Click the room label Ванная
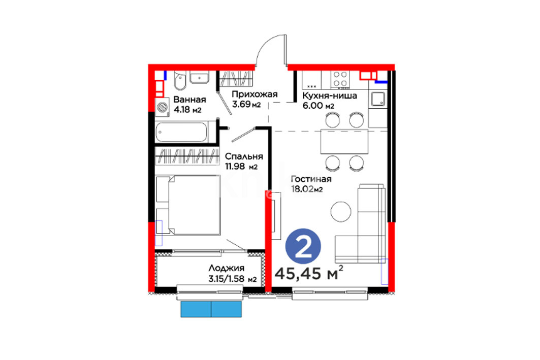pyautogui.click(x=189, y=100)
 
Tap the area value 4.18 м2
pyautogui.click(x=187, y=110)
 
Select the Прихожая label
pyautogui.click(x=254, y=94)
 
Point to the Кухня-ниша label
pyautogui.click(x=329, y=95)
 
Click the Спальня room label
pyautogui.click(x=244, y=156)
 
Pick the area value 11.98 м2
pyautogui.click(x=241, y=167)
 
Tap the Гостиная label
pyautogui.click(x=311, y=179)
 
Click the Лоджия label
pyautogui.click(x=226, y=268)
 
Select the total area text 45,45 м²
pyautogui.click(x=309, y=273)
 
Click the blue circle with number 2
pyautogui.click(x=303, y=246)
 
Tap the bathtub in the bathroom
pyautogui.click(x=181, y=132)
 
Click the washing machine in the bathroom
pyautogui.click(x=162, y=107)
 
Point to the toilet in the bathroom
pyautogui.click(x=179, y=81)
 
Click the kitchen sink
pyautogui.click(x=378, y=99)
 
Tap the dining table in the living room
pyautogui.click(x=344, y=142)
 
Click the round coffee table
pyautogui.click(x=341, y=211)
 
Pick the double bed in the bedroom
pyautogui.click(x=188, y=206)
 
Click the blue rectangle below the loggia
pyautogui.click(x=211, y=309)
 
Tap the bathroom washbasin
pyautogui.click(x=200, y=78)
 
